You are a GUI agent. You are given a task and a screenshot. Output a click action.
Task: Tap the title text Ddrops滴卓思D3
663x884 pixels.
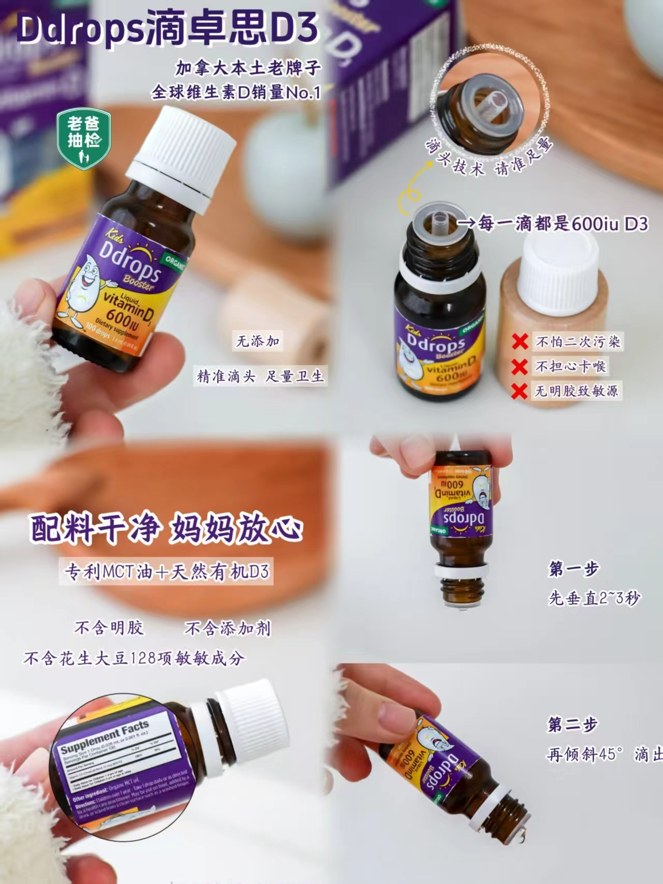[x=167, y=28]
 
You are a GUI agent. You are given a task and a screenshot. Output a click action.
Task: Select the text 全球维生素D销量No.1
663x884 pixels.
[x=236, y=93]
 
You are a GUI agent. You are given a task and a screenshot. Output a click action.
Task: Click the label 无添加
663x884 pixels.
[x=258, y=341]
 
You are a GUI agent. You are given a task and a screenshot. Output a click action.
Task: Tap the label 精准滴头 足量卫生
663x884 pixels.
[x=260, y=376]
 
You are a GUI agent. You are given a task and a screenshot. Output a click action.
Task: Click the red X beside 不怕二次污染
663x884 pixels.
[x=520, y=342]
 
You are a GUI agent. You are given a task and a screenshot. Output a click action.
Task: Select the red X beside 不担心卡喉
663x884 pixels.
[x=519, y=366]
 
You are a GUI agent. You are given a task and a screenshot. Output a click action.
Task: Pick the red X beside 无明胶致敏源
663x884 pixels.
[x=519, y=391]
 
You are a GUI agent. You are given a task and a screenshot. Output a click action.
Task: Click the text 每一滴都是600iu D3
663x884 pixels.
[x=562, y=224]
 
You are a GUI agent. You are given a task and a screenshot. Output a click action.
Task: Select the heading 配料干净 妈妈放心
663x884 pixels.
[x=166, y=530]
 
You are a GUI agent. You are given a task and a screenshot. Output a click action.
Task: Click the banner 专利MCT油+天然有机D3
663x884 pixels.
[x=166, y=572]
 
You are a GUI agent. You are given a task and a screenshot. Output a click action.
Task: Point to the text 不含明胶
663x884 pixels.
[x=109, y=628]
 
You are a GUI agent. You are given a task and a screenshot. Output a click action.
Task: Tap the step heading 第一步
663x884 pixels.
[x=574, y=569]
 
